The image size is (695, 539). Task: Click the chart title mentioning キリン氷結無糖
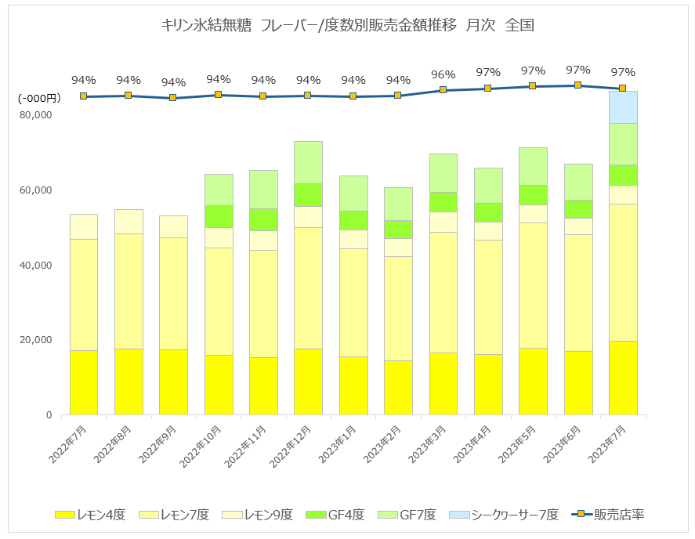pos(347,25)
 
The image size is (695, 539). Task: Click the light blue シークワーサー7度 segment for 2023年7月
pos(623,107)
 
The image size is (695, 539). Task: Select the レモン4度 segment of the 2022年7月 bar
pos(84,382)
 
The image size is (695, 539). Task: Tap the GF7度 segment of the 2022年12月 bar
pos(309,162)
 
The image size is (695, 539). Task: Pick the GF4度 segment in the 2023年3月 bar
pos(443,201)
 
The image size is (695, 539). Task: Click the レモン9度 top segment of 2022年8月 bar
pos(129,222)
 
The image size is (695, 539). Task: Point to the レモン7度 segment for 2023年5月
pos(534,285)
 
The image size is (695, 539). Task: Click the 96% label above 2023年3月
pos(443,74)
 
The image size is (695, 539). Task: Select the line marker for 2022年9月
pos(173,98)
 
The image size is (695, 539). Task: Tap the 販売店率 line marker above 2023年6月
pos(577,85)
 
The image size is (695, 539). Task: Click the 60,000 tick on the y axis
pos(35,190)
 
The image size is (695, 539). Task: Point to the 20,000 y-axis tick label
pos(35,340)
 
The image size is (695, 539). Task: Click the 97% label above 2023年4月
pos(488,73)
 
